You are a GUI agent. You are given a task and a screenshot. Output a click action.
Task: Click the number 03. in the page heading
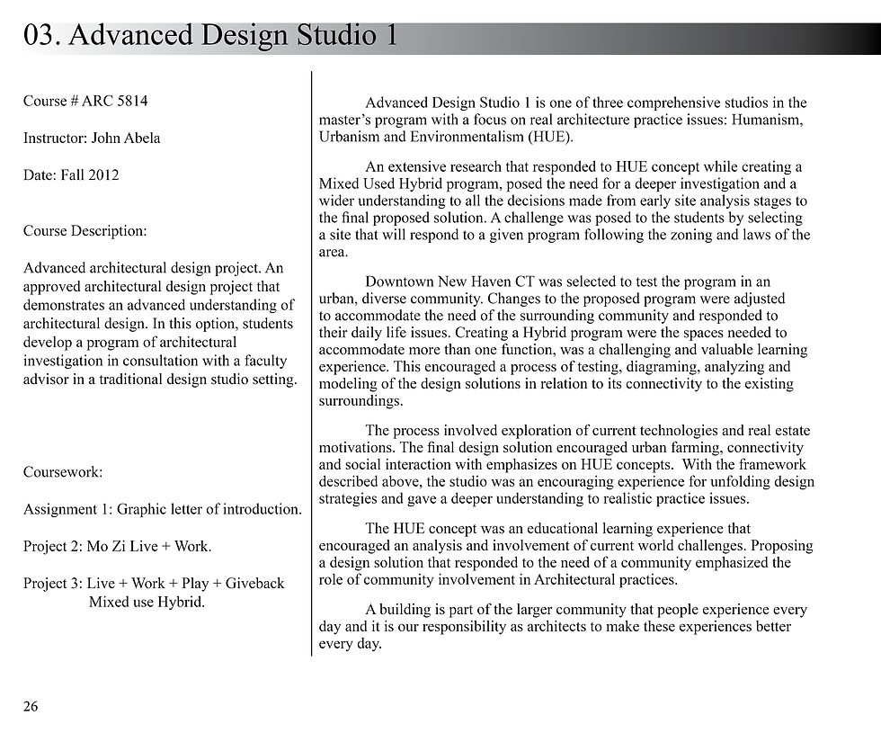[x=42, y=35]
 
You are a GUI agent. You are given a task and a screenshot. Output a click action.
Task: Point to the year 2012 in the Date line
[x=102, y=175]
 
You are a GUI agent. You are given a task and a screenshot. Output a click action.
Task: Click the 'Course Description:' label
[x=85, y=231]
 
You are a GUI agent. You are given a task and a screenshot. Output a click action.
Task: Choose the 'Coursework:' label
[x=63, y=472]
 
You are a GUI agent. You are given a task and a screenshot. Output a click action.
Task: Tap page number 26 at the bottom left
[x=31, y=707]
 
